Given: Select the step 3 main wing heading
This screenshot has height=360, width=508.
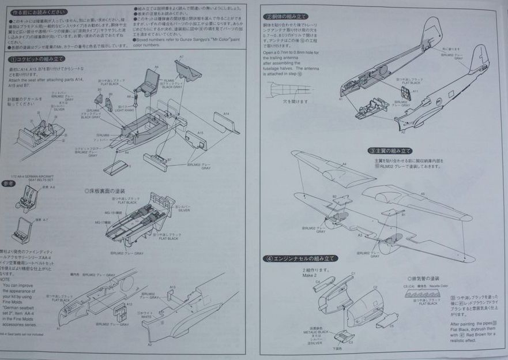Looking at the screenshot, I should pyautogui.click(x=391, y=151).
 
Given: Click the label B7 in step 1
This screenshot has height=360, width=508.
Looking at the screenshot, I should pyautogui.click(x=169, y=160).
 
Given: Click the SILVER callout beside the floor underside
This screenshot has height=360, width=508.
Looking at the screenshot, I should pyautogui.click(x=184, y=208).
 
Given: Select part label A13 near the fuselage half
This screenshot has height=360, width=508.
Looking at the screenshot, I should pyautogui.click(x=172, y=287).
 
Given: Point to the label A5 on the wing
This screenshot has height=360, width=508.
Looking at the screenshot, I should pyautogui.click(x=423, y=194).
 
